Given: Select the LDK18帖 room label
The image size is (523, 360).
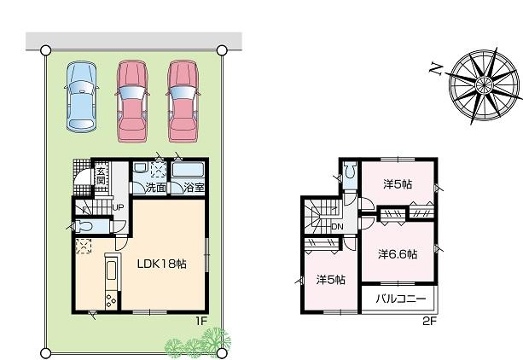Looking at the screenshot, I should coord(162,264).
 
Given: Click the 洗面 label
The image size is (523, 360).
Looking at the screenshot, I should coord(154,188).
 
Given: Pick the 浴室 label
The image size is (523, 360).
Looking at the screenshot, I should coord(194,188).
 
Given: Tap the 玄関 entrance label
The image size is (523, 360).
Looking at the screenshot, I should coord(100,180).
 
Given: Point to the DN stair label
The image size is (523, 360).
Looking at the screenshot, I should coord(337,227).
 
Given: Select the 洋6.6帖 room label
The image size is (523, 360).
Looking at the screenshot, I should coord(398,253).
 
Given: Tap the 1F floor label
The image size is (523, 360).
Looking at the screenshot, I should coord(201,321).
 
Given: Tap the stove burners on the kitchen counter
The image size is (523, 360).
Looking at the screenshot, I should coord(109,299).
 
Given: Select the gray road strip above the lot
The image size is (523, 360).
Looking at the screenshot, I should coord(133,41).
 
